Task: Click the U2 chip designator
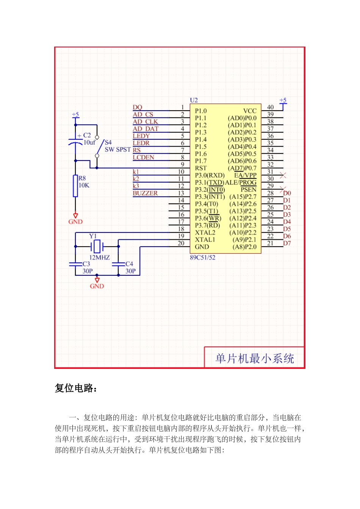click(194, 100)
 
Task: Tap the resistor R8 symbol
click(75, 186)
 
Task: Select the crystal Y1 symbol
click(97, 246)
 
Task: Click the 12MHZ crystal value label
click(99, 258)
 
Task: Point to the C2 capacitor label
click(87, 135)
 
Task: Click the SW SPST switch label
click(117, 150)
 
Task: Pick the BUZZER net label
click(145, 193)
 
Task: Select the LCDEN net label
click(143, 157)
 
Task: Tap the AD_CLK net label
click(145, 122)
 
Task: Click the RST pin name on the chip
click(201, 168)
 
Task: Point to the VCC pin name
click(250, 111)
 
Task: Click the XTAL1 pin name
click(205, 240)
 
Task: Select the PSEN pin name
click(249, 189)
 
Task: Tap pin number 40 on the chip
click(270, 108)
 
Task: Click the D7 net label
click(287, 243)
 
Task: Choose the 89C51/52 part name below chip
click(202, 258)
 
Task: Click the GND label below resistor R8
click(75, 222)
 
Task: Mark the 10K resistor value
click(84, 185)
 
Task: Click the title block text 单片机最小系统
click(255, 358)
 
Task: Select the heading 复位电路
click(76, 388)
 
